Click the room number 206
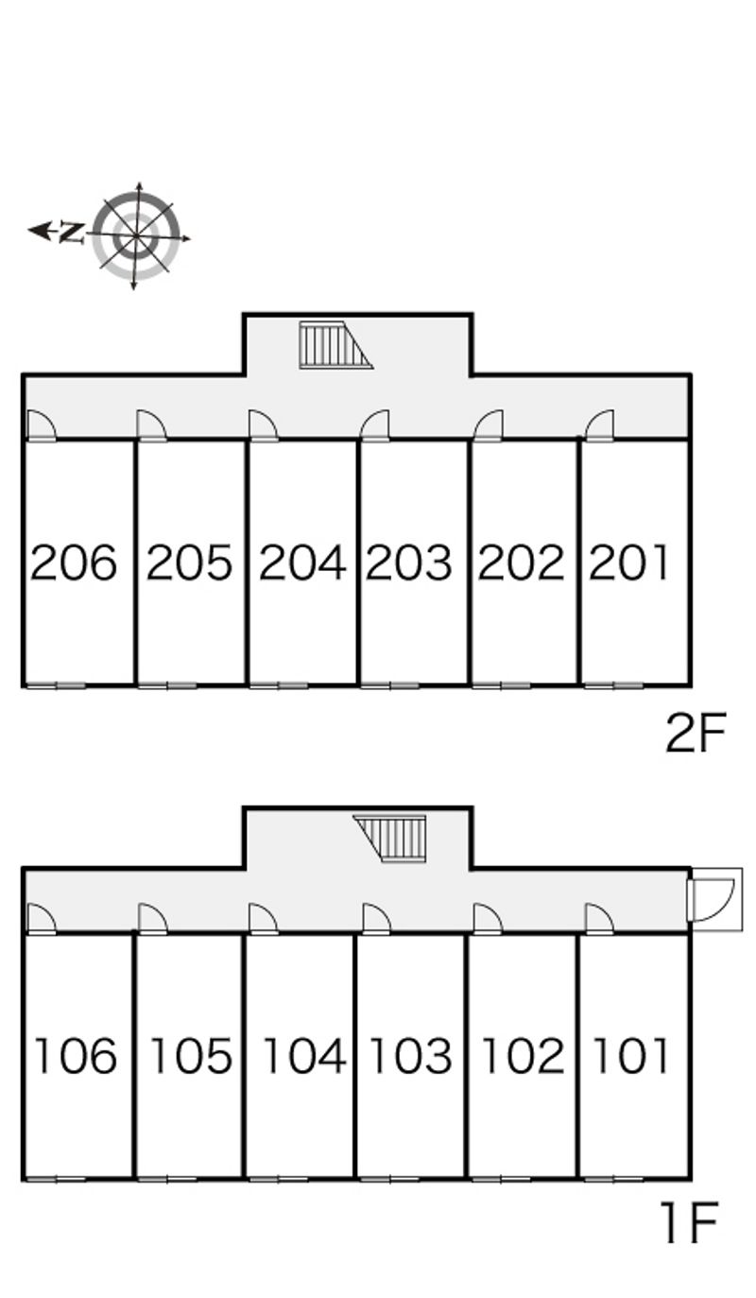74,562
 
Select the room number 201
630,562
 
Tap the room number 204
302,562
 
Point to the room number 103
410,1056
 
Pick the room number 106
76,1056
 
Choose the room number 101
630,1056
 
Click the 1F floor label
690,1224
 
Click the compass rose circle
137,234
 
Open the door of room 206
40,426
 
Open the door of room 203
376,426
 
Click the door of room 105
151,919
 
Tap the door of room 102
487,919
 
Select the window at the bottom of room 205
167,684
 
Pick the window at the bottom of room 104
279,1178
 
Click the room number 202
521,562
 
